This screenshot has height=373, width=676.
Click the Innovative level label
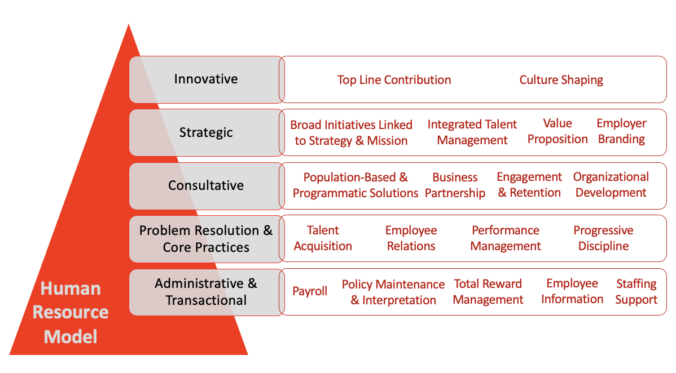point(205,79)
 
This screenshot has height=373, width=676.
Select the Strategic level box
point(206,132)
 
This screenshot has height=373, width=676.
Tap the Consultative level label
point(205,185)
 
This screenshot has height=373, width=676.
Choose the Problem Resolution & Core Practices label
point(205,238)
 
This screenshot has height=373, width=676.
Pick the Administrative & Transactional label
point(205,292)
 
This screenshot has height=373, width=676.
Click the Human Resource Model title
point(71,312)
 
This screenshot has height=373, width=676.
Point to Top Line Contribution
point(394,79)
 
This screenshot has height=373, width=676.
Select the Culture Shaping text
point(561,79)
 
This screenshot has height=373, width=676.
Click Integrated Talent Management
point(472,132)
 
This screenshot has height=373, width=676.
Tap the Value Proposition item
point(558,131)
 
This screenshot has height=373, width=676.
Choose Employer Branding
point(621,131)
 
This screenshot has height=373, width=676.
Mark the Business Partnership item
point(455,185)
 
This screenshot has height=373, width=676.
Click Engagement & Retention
point(529,185)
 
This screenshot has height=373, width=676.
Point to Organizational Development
point(611,185)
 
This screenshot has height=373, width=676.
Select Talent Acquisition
point(323,238)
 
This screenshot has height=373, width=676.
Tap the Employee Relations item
point(411,238)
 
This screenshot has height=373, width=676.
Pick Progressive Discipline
point(603,238)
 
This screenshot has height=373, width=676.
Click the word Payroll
point(310,291)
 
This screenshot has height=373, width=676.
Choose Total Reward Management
point(488,292)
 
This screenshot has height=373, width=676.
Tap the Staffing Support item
point(637,292)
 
